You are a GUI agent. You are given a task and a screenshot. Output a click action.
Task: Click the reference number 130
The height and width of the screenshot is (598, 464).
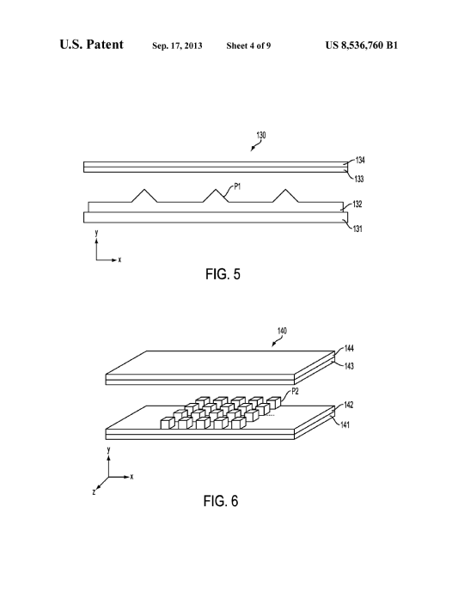point(261,135)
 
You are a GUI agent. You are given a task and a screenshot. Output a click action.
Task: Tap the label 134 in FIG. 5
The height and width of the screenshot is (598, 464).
point(360,160)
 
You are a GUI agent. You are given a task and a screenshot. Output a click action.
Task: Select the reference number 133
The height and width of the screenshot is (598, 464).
point(359,179)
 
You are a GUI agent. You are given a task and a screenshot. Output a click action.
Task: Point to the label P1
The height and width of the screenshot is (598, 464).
point(237,187)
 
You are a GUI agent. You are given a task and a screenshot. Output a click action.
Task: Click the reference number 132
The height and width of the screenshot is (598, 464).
point(357,204)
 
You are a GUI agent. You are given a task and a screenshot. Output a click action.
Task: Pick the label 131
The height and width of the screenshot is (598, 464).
point(357,229)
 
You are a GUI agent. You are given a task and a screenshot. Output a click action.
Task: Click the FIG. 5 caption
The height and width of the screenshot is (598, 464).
point(223,274)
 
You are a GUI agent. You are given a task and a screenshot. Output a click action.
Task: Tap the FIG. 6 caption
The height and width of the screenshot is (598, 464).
point(221,501)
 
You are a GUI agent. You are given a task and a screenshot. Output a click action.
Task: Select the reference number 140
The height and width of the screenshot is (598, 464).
point(282,331)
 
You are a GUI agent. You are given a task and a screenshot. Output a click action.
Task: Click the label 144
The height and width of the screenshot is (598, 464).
point(349,348)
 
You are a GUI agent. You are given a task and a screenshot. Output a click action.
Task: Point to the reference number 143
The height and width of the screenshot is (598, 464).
point(349,366)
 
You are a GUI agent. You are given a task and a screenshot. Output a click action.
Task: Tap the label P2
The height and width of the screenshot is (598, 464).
point(295,391)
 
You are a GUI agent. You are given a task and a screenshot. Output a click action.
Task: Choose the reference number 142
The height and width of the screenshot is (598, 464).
point(349,405)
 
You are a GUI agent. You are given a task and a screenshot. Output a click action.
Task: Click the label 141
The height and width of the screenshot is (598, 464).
point(345,424)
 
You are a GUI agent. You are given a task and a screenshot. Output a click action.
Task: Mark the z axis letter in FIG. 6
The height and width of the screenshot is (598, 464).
point(94,492)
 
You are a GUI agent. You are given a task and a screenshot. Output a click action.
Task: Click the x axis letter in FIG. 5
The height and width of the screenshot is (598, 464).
point(119,259)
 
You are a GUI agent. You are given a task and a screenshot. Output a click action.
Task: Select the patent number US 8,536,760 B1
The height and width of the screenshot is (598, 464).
point(362,46)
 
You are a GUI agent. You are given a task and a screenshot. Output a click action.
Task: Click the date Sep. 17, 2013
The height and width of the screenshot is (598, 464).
point(177,46)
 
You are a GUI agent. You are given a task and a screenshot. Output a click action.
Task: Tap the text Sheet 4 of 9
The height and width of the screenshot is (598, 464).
point(248,46)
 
